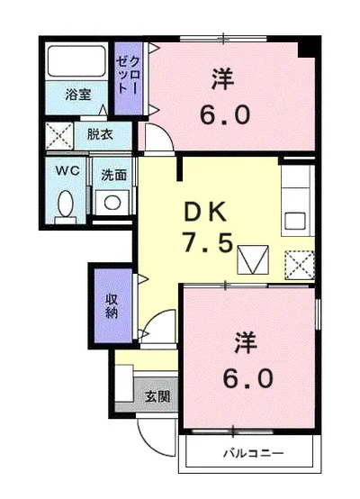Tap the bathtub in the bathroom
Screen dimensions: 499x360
click(76, 61)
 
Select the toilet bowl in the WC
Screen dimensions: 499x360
click(66, 204)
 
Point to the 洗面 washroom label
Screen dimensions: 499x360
click(112, 175)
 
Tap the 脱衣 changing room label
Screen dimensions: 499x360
click(99, 135)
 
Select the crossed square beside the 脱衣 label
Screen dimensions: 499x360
click(61, 138)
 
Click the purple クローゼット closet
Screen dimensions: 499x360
click(127, 78)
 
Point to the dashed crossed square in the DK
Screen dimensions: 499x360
click(298, 264)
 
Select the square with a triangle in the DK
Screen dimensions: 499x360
click(252, 260)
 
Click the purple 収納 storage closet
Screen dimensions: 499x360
click(111, 304)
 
